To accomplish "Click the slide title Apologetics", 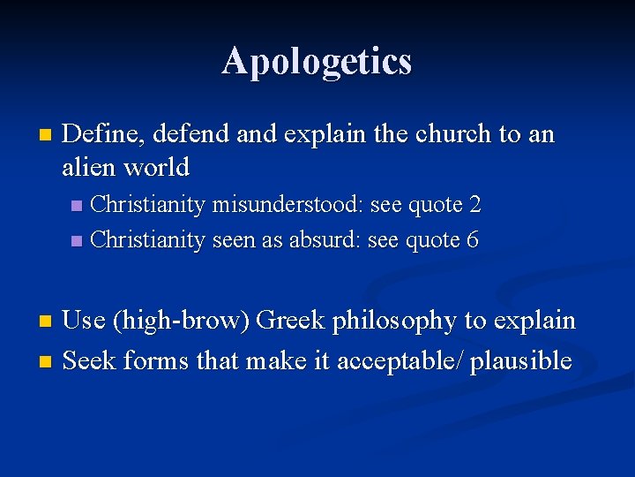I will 317,61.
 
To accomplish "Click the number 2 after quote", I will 474,205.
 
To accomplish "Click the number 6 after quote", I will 473,239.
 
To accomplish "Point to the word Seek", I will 90,360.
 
